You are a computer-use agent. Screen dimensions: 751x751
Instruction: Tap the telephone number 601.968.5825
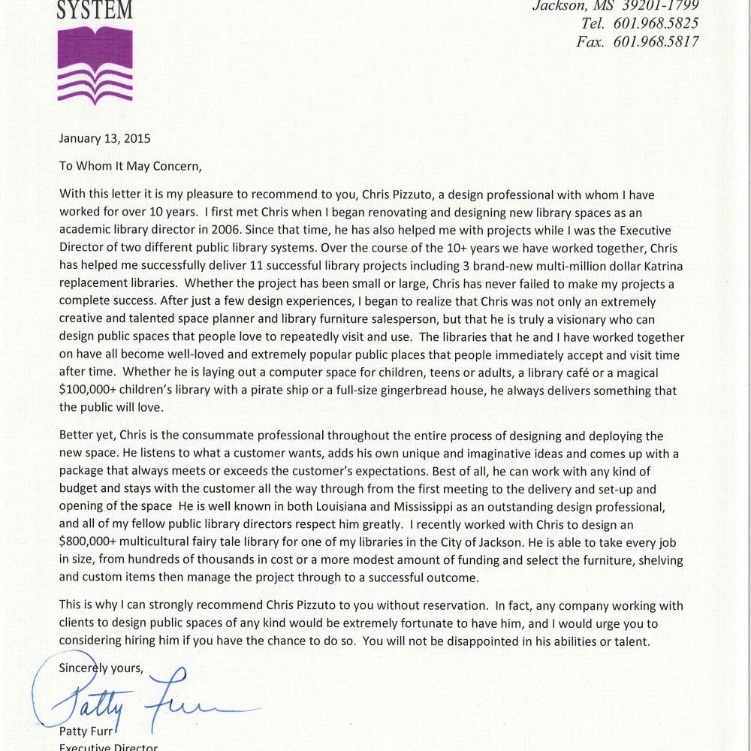coord(656,23)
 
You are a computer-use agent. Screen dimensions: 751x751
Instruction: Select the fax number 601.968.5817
coord(656,42)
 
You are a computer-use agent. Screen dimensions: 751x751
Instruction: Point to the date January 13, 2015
coord(105,138)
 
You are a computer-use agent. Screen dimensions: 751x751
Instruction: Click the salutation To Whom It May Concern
coord(131,166)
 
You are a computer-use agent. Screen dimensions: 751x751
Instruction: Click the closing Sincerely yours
coord(101,667)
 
